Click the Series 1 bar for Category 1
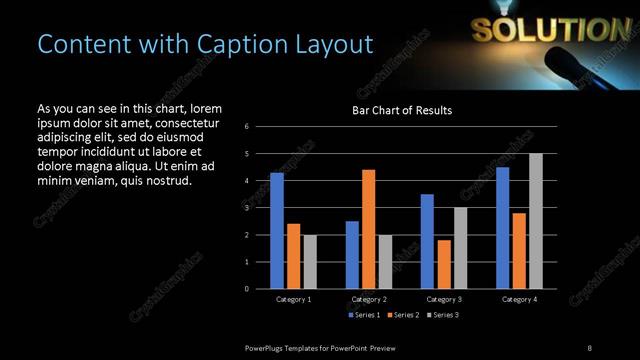click(277, 231)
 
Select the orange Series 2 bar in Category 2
click(368, 229)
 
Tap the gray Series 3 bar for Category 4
click(535, 221)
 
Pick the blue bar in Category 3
click(427, 241)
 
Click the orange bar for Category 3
click(443, 264)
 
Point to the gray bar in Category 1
click(310, 262)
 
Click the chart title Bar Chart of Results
click(401, 110)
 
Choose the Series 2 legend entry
click(401, 315)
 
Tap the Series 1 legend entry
click(361, 315)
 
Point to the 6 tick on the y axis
click(261, 127)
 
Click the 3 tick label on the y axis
click(261, 208)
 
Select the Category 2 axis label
click(368, 299)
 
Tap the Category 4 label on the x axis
click(518, 299)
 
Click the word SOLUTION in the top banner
click(538, 30)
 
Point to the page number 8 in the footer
click(589, 347)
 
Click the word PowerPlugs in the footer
click(266, 347)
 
